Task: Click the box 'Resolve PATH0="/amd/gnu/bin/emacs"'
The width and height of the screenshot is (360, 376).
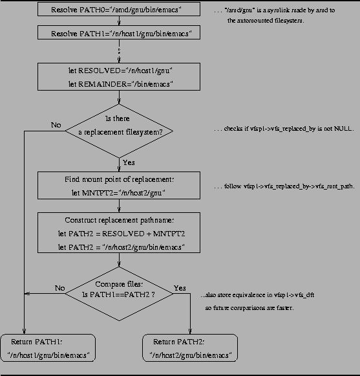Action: (x=119, y=10)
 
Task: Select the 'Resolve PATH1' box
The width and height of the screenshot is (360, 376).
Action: (x=119, y=32)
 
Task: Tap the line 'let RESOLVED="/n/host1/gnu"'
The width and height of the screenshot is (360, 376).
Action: (x=119, y=70)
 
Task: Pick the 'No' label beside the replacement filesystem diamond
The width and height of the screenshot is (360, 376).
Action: (x=56, y=124)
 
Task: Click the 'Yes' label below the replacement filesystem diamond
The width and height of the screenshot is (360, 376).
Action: (x=129, y=162)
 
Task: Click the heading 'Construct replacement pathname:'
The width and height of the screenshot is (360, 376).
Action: (x=119, y=219)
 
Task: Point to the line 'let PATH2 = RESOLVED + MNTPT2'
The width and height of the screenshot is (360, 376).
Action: (x=119, y=234)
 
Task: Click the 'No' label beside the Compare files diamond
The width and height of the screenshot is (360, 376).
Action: (x=60, y=288)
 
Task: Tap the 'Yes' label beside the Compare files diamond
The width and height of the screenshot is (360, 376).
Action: (x=180, y=288)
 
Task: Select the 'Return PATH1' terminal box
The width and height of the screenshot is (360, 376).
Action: (x=48, y=348)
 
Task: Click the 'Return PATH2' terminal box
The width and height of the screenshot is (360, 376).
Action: (x=189, y=348)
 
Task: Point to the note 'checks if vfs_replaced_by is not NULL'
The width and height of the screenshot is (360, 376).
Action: (x=284, y=129)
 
